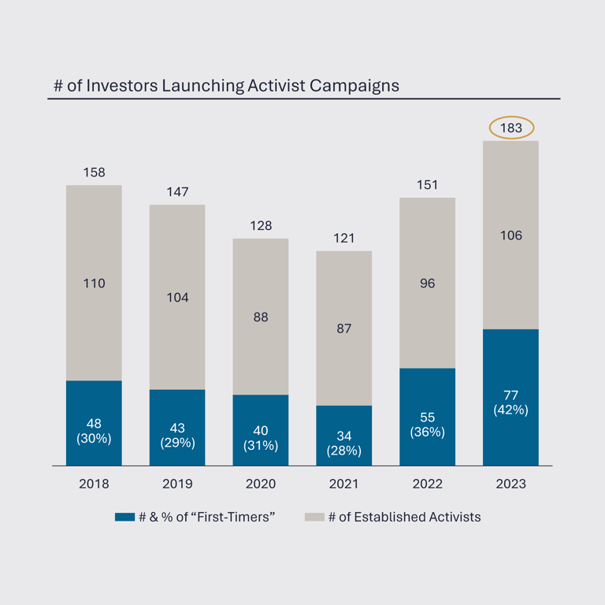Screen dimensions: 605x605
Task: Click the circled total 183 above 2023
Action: click(511, 128)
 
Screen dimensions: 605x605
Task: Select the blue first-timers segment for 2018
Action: click(94, 422)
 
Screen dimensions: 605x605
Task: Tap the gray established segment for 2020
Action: click(261, 316)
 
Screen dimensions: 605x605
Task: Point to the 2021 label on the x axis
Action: click(344, 484)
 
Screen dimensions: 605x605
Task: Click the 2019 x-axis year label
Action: click(177, 484)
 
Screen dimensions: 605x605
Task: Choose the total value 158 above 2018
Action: click(94, 173)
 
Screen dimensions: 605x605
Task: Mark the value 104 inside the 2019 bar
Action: click(177, 298)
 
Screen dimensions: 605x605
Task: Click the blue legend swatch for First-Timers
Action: click(124, 518)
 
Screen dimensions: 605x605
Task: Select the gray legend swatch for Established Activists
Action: click(314, 518)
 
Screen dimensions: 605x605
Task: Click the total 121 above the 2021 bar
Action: click(344, 238)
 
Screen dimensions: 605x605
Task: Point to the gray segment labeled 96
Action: click(427, 283)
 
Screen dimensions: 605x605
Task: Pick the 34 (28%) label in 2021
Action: click(344, 444)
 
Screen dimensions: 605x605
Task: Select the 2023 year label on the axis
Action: click(510, 484)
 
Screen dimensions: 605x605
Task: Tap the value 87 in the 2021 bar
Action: click(344, 328)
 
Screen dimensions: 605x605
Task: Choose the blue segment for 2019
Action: click(177, 427)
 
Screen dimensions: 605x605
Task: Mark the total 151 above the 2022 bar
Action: click(427, 185)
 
